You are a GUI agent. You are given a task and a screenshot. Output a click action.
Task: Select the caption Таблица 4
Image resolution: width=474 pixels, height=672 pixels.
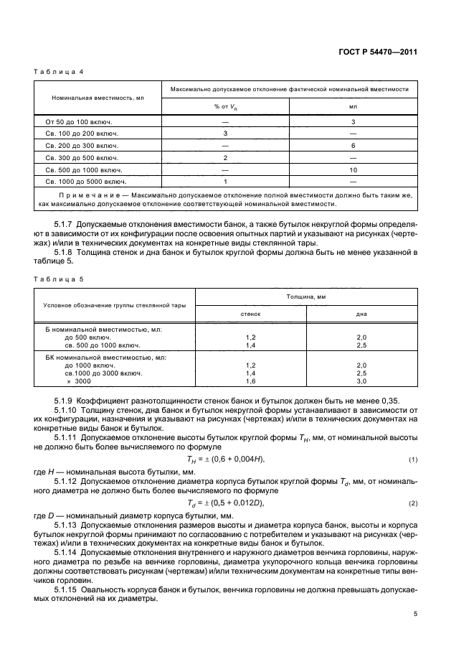point(54,73)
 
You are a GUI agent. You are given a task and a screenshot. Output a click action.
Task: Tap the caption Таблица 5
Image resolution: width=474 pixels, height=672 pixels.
point(54,278)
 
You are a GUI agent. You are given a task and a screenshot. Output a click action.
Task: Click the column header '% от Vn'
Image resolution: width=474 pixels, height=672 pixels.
point(225,106)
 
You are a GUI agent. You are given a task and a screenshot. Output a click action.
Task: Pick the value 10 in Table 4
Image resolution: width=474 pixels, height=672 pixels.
point(353,169)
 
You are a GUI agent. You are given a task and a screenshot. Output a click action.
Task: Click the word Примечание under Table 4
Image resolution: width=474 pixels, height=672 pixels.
point(84,196)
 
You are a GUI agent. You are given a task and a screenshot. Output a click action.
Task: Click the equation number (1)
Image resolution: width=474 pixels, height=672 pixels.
point(412,459)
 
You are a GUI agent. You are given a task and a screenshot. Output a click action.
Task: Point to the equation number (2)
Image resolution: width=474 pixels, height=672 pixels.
point(412,503)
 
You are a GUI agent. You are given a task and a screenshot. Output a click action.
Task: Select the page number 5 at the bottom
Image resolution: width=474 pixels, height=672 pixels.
point(415,614)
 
